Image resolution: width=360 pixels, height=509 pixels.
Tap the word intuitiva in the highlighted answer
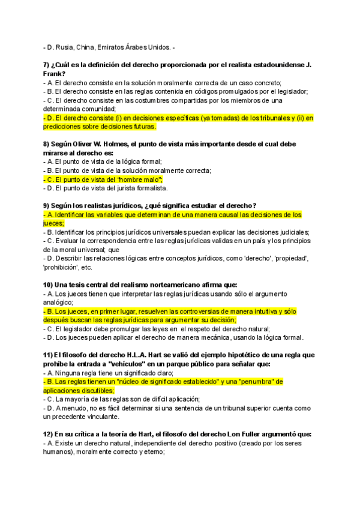coord(256,312)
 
